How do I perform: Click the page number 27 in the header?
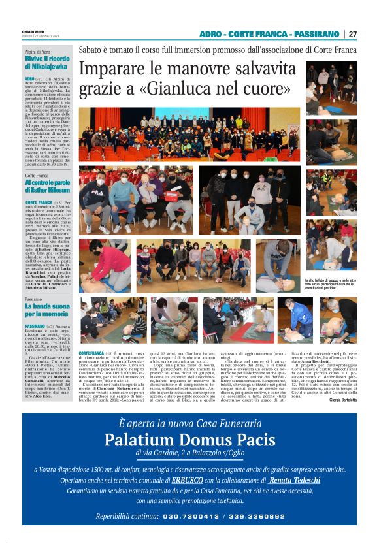(x=353, y=34)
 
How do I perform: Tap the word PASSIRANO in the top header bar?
(x=316, y=34)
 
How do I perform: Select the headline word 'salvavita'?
(x=259, y=69)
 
